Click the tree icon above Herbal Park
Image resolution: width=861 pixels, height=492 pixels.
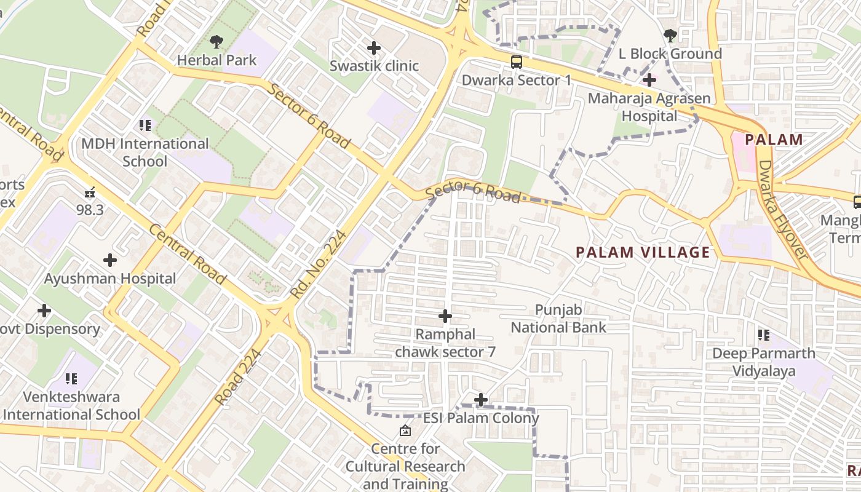click(216, 42)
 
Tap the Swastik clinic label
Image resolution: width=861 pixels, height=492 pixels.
click(374, 66)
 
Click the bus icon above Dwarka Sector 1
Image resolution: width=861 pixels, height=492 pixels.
click(517, 61)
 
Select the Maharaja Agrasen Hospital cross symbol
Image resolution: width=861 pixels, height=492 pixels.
click(649, 79)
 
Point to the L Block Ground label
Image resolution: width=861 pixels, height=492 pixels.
click(670, 54)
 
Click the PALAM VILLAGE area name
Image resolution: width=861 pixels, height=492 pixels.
click(643, 252)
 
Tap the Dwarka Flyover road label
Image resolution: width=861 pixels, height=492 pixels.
click(782, 209)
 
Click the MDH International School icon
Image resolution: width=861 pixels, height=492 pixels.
click(145, 125)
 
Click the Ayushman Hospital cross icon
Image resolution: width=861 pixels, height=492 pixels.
click(110, 260)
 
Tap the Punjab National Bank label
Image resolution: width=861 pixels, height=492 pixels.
click(558, 319)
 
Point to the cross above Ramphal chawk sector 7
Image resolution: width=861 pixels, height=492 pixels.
click(445, 316)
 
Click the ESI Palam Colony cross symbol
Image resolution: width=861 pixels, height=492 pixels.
click(481, 400)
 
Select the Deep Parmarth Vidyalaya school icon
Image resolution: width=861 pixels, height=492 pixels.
click(764, 335)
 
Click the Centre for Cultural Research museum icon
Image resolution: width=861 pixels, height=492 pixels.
click(405, 430)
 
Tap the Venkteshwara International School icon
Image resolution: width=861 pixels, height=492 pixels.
click(71, 379)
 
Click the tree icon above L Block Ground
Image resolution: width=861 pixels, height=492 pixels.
click(670, 36)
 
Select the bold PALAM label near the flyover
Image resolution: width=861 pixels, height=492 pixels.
click(774, 140)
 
